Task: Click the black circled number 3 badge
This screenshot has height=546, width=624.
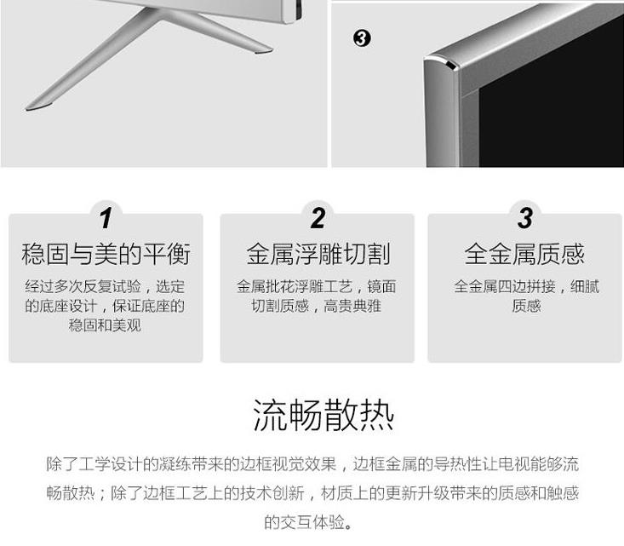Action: point(362,38)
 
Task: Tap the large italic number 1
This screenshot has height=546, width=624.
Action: point(106,218)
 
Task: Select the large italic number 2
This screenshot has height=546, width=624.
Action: point(318,218)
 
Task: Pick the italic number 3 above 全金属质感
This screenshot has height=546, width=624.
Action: point(525,218)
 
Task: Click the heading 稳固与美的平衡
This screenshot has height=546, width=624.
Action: point(106,254)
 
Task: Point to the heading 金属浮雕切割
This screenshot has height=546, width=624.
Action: point(318,254)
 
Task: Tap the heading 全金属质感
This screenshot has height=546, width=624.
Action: point(524,254)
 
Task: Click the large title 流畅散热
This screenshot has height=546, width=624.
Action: point(323,416)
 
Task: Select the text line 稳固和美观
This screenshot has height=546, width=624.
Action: point(105,325)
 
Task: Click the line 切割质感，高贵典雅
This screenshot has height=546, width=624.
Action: point(317,306)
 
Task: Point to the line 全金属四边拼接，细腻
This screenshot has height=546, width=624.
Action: point(526,286)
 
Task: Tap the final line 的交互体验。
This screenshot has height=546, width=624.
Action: point(308,522)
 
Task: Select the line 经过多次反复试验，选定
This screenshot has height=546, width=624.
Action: point(105,286)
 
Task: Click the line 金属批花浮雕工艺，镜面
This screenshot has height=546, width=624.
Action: point(317,286)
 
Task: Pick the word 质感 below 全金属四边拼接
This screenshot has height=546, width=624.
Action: point(526,306)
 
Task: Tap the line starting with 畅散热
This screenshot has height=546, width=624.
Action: point(312,493)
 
